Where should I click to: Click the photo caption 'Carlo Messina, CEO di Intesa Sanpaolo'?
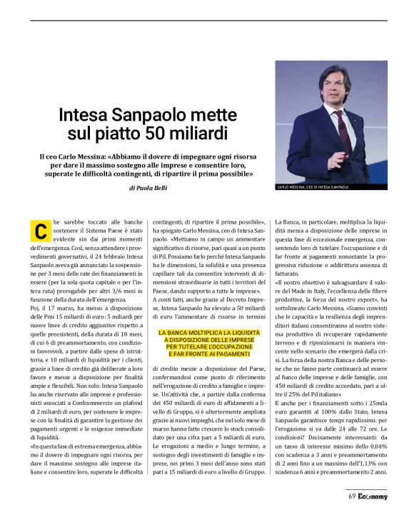pyautogui.click(x=312, y=188)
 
